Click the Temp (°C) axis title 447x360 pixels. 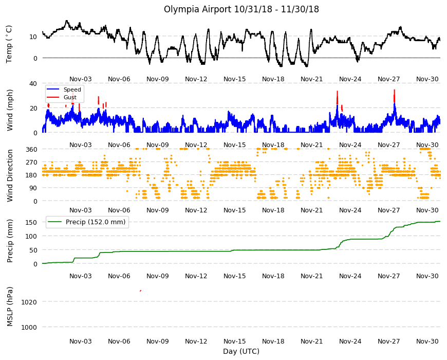(x=9, y=44)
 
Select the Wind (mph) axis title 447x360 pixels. (x=10, y=110)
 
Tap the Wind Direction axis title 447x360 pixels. (x=10, y=175)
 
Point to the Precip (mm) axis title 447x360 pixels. (x=10, y=241)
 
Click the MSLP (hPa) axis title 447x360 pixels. (x=10, y=307)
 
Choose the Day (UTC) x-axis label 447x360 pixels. (x=241, y=351)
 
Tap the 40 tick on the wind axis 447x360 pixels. (x=33, y=84)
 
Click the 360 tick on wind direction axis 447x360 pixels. (x=31, y=149)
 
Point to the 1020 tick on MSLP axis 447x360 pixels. (x=29, y=302)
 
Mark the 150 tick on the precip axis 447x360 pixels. (x=31, y=222)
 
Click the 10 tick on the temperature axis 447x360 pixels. (x=33, y=37)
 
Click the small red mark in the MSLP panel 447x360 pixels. (x=141, y=291)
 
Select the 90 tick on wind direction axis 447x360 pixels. (x=33, y=188)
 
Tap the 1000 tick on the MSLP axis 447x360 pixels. (x=29, y=327)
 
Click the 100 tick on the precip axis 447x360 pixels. (x=31, y=236)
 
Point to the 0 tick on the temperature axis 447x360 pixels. (x=35, y=58)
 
